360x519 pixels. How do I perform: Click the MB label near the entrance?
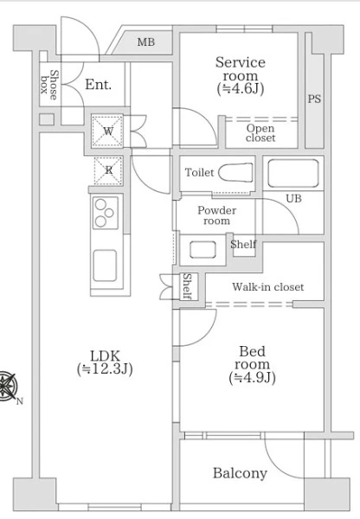coord(146,42)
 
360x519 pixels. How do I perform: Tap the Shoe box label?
coord(49,85)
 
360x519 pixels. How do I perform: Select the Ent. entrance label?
coord(99,85)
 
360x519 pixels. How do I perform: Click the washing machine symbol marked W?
coord(107,131)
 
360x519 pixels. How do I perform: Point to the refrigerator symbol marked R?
coord(108,170)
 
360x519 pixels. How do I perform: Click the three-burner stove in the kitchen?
coord(106,213)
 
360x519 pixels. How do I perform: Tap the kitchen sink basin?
coord(105,266)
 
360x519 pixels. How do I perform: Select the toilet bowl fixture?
coord(235,172)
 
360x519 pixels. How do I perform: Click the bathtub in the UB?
coord(293,173)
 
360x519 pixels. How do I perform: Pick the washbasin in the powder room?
coord(203,249)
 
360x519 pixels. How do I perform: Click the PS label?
coord(314,99)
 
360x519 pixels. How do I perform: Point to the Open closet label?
coord(260,133)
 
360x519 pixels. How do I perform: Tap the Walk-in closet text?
coord(267,286)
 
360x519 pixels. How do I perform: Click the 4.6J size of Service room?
coord(241,89)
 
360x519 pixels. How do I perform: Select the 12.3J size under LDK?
coord(105,368)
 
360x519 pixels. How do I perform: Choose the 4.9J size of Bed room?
coord(252,378)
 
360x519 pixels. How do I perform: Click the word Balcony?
coord(240,473)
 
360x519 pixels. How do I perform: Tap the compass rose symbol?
coord(7,387)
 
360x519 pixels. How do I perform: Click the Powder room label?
coord(217,215)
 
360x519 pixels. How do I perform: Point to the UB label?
coord(293,198)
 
